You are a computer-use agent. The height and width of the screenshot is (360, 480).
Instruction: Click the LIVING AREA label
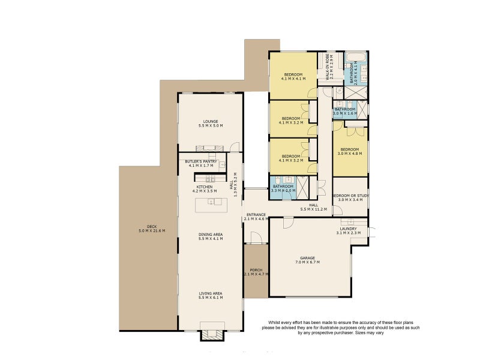[210, 295]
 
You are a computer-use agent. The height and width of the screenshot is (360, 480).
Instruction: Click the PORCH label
[256, 271]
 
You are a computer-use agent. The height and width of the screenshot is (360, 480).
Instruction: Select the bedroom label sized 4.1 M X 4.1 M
[294, 76]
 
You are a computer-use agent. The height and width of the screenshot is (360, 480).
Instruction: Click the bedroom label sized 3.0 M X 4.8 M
[350, 151]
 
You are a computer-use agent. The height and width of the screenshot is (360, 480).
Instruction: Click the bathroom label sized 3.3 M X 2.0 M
[283, 188]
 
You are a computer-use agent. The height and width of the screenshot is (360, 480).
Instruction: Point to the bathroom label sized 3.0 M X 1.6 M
[345, 111]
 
